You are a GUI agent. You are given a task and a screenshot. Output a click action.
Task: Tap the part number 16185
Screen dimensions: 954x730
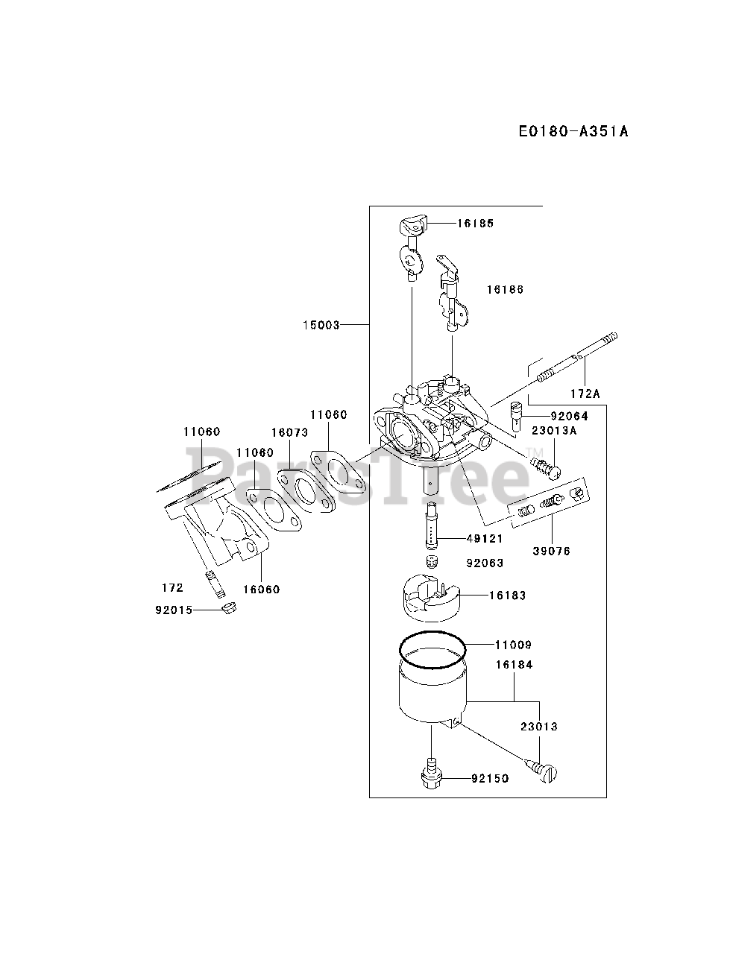coord(476,223)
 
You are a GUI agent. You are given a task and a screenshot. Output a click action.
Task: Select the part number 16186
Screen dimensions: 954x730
coord(505,289)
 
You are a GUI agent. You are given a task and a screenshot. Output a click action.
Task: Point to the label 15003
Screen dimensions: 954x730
coord(321,325)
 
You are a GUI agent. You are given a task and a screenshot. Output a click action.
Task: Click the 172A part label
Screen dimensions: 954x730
coord(585,392)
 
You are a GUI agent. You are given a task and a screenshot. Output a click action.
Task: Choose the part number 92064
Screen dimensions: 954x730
coord(570,416)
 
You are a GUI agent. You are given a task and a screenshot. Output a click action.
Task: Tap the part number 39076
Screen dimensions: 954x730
coord(552,551)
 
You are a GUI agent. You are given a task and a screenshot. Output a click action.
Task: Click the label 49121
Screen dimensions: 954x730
coord(485,538)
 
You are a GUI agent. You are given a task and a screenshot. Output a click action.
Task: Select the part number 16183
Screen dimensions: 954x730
coord(508,595)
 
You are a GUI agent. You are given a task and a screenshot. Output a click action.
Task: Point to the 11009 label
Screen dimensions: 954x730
coord(514,645)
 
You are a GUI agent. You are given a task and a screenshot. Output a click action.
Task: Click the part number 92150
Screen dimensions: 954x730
coord(490,779)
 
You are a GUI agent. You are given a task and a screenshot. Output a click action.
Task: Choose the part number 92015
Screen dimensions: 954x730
coord(174,610)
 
